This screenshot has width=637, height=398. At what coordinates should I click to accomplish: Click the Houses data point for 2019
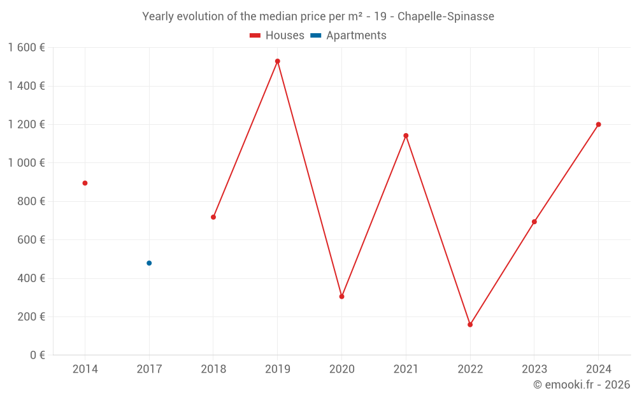[278, 61]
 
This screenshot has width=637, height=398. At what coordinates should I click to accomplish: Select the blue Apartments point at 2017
[149, 263]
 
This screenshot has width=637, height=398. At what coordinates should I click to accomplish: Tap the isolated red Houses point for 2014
[85, 183]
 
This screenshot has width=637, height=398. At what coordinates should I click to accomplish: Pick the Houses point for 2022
[470, 325]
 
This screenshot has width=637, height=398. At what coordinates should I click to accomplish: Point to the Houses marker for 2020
[341, 297]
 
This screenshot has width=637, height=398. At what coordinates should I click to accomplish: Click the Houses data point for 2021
[406, 136]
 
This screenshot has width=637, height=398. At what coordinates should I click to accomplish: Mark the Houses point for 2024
[598, 125]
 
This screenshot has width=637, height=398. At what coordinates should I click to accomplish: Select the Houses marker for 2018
[213, 217]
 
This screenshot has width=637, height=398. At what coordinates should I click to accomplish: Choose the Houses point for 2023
[534, 222]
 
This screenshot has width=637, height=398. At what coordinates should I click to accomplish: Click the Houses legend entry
[277, 36]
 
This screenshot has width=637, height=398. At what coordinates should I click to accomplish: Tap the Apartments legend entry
[349, 36]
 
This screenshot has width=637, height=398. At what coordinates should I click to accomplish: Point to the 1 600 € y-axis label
[26, 48]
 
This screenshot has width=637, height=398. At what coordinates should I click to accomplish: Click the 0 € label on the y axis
[36, 355]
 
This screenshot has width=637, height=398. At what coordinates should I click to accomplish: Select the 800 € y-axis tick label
[30, 201]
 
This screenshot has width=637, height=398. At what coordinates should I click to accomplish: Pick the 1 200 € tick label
[26, 125]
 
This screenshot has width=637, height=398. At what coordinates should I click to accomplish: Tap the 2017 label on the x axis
[149, 369]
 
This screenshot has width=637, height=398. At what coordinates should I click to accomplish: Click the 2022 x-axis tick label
[470, 369]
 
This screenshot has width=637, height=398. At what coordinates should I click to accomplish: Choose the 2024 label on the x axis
[598, 369]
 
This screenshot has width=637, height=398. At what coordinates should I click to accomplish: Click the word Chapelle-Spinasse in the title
[446, 17]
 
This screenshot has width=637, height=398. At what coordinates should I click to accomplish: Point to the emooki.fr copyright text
[582, 385]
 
